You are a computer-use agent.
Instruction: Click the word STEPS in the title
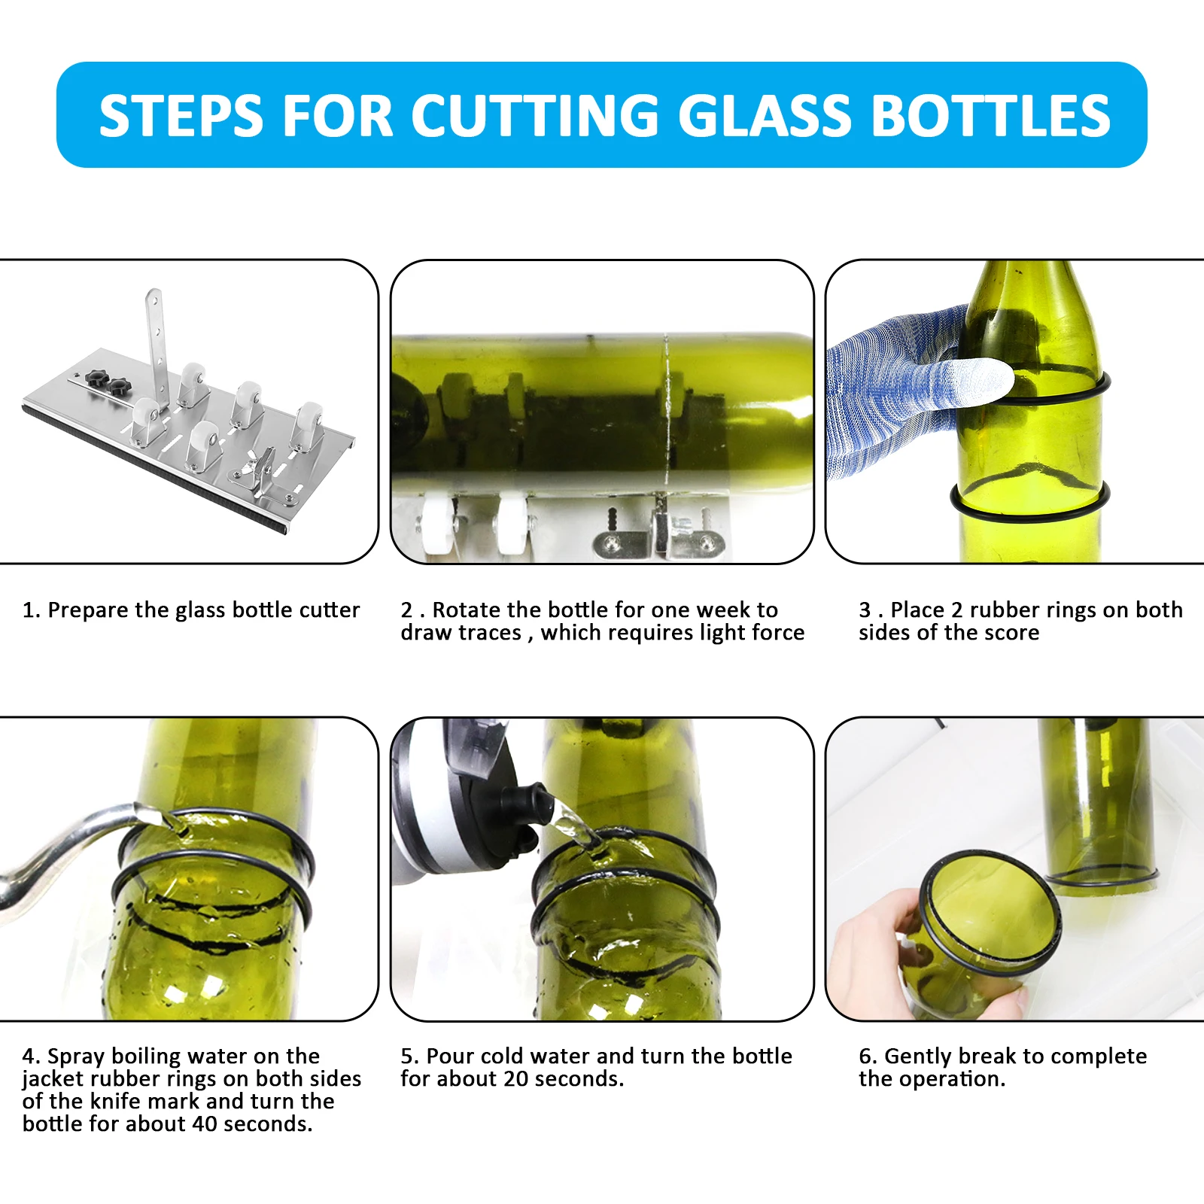click(x=181, y=116)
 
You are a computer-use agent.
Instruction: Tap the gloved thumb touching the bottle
click(x=978, y=376)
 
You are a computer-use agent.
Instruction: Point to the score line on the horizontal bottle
click(x=667, y=414)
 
